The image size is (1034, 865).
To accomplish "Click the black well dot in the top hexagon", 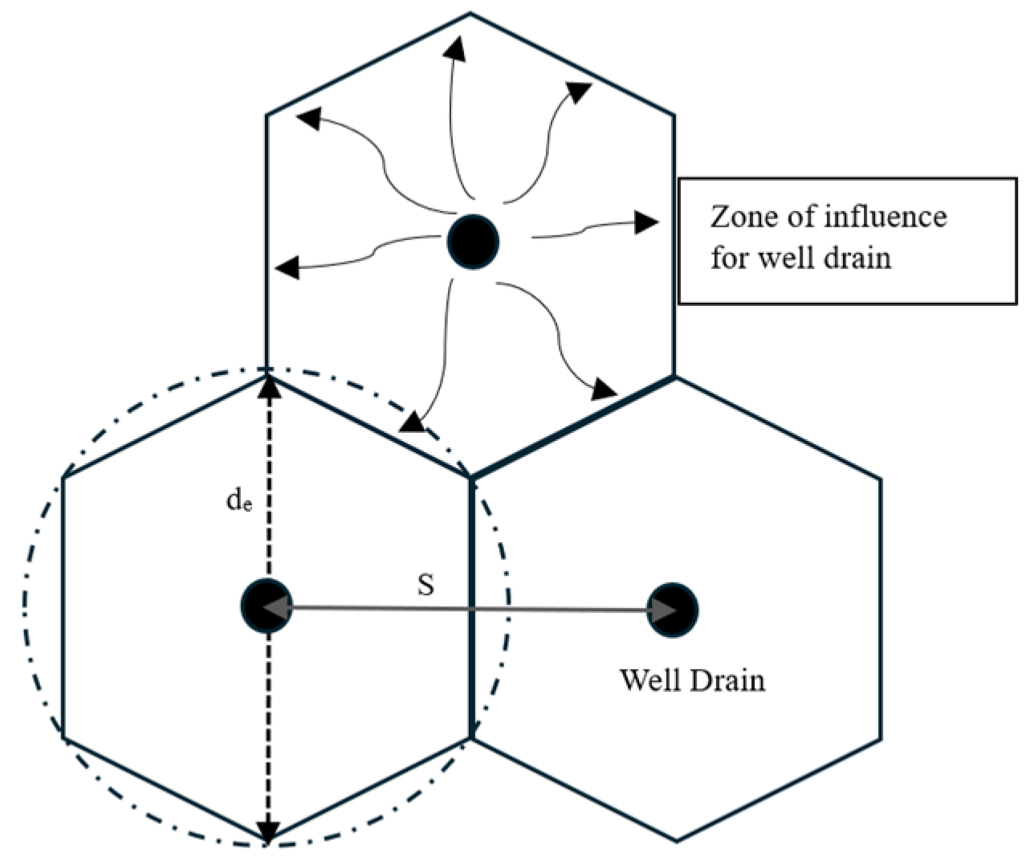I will [474, 240].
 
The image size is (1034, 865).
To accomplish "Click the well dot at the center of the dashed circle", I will [267, 606].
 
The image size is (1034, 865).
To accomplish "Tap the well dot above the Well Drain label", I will [673, 610].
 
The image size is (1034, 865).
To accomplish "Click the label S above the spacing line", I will [425, 586].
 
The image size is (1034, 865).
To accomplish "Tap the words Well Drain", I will [692, 680].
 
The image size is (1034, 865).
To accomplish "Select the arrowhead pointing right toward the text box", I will [646, 222].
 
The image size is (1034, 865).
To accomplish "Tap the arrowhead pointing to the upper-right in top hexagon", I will [579, 91].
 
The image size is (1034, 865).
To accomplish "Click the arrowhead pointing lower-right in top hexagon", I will [605, 390].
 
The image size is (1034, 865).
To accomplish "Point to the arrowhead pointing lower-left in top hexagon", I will [411, 422].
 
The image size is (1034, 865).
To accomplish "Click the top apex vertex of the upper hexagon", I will [470, 13].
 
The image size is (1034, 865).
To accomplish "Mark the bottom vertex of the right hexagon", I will [677, 841].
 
